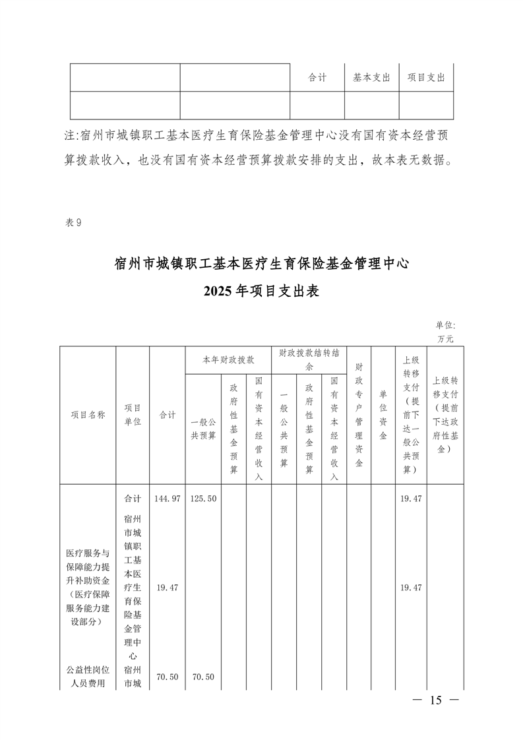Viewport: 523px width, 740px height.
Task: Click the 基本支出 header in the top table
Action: [371, 77]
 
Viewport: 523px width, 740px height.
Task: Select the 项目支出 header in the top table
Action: [426, 77]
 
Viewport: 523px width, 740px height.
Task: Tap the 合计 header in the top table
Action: [317, 77]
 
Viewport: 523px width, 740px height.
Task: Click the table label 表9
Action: [73, 222]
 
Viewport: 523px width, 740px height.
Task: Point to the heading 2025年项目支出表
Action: [261, 291]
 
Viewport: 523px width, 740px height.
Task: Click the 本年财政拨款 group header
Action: [228, 360]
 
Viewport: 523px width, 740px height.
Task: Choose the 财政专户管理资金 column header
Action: [359, 415]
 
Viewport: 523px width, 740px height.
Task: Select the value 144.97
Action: [167, 499]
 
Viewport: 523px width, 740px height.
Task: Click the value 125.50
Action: [203, 499]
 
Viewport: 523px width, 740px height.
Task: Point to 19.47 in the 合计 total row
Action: [410, 499]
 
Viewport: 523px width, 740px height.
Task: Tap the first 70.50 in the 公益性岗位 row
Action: [167, 677]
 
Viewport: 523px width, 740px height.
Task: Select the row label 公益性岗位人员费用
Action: [88, 677]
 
